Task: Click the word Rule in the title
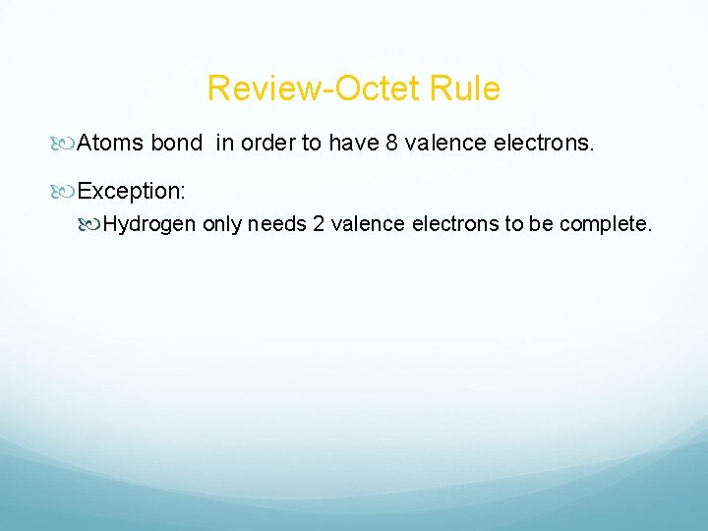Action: (x=465, y=89)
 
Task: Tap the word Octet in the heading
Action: (x=367, y=89)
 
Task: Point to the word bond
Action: (x=176, y=145)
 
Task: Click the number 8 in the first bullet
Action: (x=391, y=145)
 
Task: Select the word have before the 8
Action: (x=353, y=145)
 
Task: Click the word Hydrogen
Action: (x=151, y=224)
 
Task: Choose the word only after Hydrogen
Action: (x=223, y=225)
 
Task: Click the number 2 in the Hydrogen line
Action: (x=319, y=224)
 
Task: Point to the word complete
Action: (x=606, y=225)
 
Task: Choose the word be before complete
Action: (x=543, y=224)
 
